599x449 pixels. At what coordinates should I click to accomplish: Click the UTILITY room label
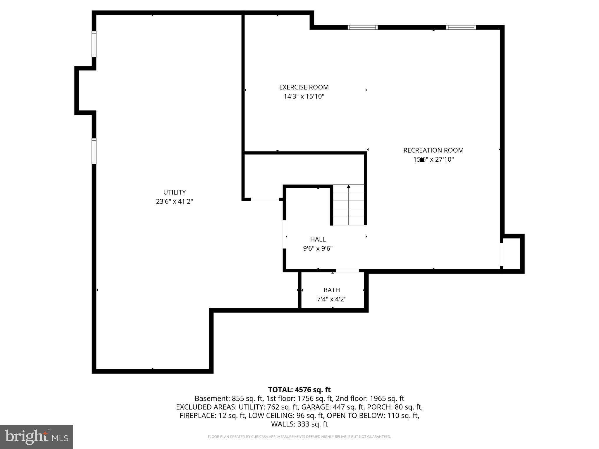(x=174, y=192)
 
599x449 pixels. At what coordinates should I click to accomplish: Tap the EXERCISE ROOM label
(x=304, y=87)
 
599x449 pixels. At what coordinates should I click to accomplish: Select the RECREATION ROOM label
(x=433, y=150)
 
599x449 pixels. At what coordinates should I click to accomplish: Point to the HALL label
(x=318, y=239)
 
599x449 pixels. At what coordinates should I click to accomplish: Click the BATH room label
(x=331, y=290)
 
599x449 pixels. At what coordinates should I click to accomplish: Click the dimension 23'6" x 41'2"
(x=174, y=201)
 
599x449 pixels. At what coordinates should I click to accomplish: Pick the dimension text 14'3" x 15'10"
(x=304, y=96)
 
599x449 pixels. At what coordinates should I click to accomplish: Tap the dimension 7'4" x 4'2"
(x=331, y=299)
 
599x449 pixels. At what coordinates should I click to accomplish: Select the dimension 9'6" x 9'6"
(x=318, y=248)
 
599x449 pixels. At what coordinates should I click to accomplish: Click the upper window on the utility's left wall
(x=94, y=44)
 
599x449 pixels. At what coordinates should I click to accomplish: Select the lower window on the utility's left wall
(x=94, y=151)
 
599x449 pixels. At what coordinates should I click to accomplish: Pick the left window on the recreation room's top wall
(x=362, y=27)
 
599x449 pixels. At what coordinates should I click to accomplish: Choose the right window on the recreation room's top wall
(x=461, y=27)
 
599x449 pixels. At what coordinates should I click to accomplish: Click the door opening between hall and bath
(x=347, y=271)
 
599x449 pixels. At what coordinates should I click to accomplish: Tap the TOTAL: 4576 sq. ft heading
(x=299, y=390)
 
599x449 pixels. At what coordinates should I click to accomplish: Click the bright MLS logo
(x=37, y=437)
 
